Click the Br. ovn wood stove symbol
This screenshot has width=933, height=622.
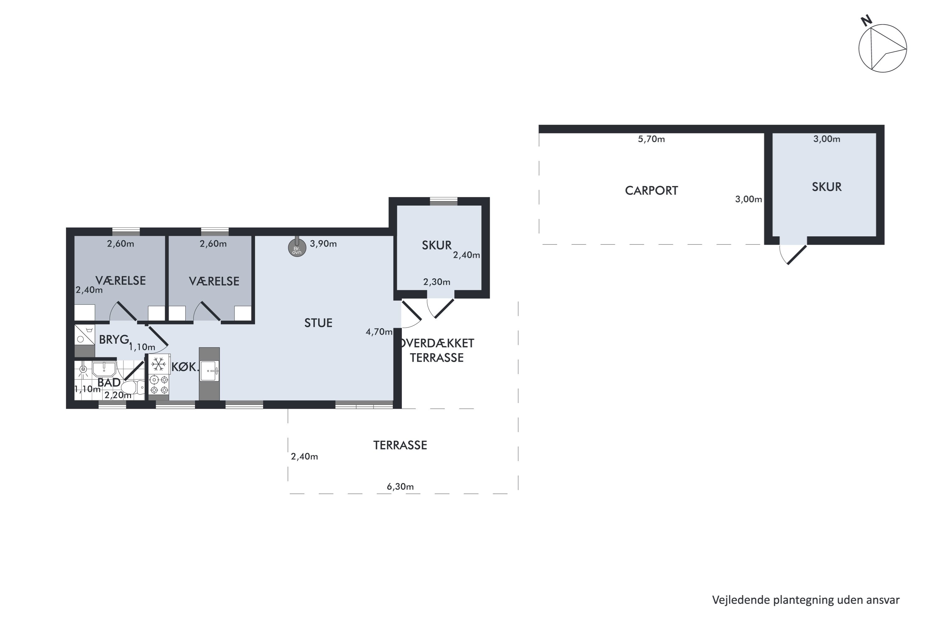[x=297, y=248]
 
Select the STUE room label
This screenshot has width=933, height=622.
[x=318, y=323]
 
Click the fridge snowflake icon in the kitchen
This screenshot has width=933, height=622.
[x=159, y=364]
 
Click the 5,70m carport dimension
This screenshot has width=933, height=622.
[x=651, y=139]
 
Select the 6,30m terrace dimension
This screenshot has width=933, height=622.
[x=400, y=487]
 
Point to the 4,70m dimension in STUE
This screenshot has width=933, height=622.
[x=379, y=332]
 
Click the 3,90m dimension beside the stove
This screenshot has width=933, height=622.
[x=323, y=244]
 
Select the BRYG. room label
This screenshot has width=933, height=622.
[x=115, y=340]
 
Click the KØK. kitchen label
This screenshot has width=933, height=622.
[x=185, y=367]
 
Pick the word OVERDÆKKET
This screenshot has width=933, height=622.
[x=438, y=343]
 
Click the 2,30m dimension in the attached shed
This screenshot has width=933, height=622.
[x=437, y=282]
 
